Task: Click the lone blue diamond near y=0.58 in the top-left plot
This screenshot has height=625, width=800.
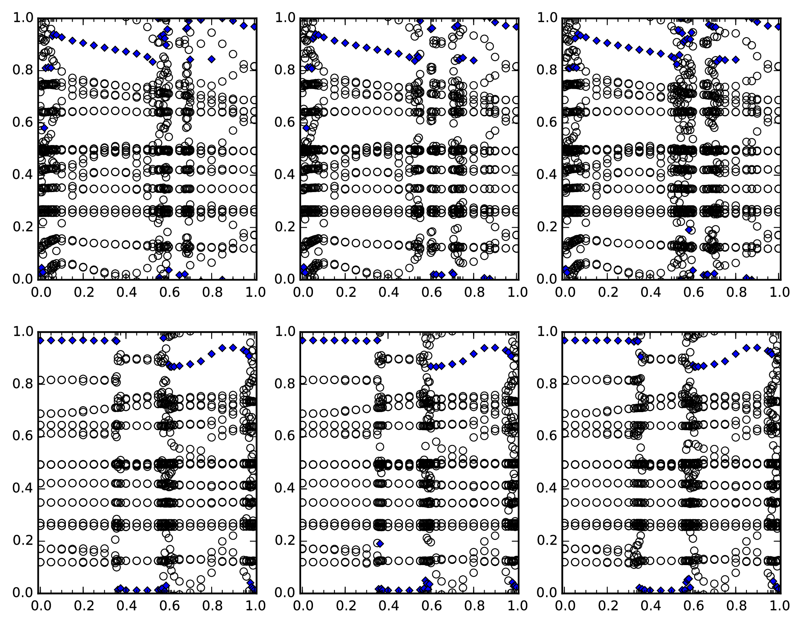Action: (44, 128)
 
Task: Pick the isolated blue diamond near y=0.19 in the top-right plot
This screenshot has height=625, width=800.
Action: (689, 230)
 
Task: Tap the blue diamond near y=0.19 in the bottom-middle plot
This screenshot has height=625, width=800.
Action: (380, 544)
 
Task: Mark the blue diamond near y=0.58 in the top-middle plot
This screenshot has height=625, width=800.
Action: (306, 128)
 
